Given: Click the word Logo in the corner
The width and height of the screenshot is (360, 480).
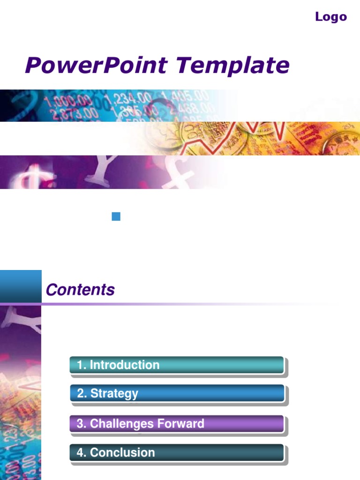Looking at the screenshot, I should pos(330,17).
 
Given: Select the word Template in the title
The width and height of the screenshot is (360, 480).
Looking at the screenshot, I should pos(233,65).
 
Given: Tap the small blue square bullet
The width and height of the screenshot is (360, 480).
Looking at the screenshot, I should pos(116,216).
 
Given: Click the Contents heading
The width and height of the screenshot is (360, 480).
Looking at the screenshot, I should pos(80,290).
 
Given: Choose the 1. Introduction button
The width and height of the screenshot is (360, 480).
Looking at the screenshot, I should pos(177,365).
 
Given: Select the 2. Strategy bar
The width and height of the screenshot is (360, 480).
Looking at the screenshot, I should pos(177,393).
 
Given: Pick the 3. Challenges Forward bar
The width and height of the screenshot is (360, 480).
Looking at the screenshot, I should pos(177,424).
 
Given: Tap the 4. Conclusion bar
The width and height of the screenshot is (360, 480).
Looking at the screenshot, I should pos(177,453).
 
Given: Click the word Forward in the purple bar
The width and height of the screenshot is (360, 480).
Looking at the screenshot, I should pos(180,424).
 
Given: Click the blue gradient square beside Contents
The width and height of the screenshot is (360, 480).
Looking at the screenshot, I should pos(21,286).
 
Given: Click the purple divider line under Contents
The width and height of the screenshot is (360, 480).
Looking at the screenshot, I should pos(141,304).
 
